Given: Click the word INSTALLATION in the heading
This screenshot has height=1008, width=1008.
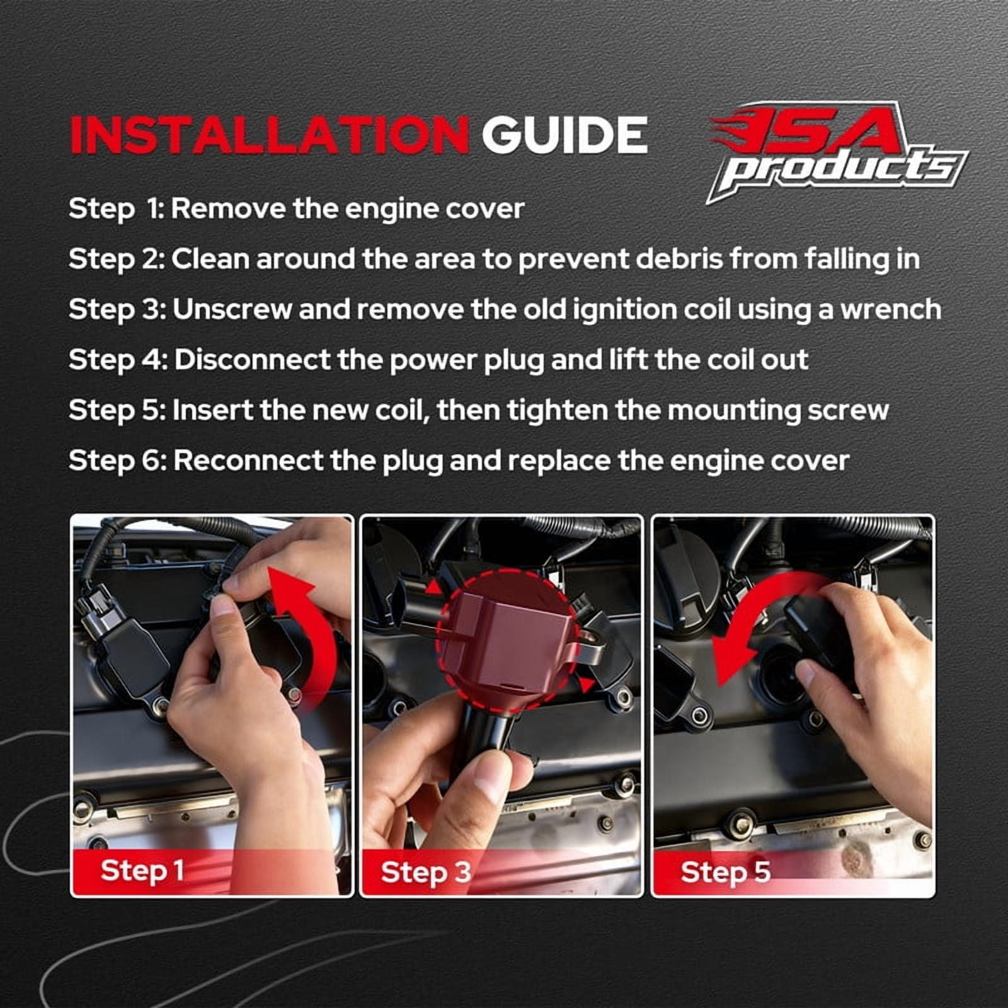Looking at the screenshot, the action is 269,134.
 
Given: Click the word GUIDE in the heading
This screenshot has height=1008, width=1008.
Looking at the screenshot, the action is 564,134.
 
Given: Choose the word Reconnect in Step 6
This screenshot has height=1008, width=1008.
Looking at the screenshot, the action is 248,461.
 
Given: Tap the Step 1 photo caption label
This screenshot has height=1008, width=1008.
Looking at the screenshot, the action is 142,870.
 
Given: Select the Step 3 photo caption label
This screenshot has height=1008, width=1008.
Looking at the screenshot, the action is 425,872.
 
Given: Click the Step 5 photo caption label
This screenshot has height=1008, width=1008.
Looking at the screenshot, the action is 725,872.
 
